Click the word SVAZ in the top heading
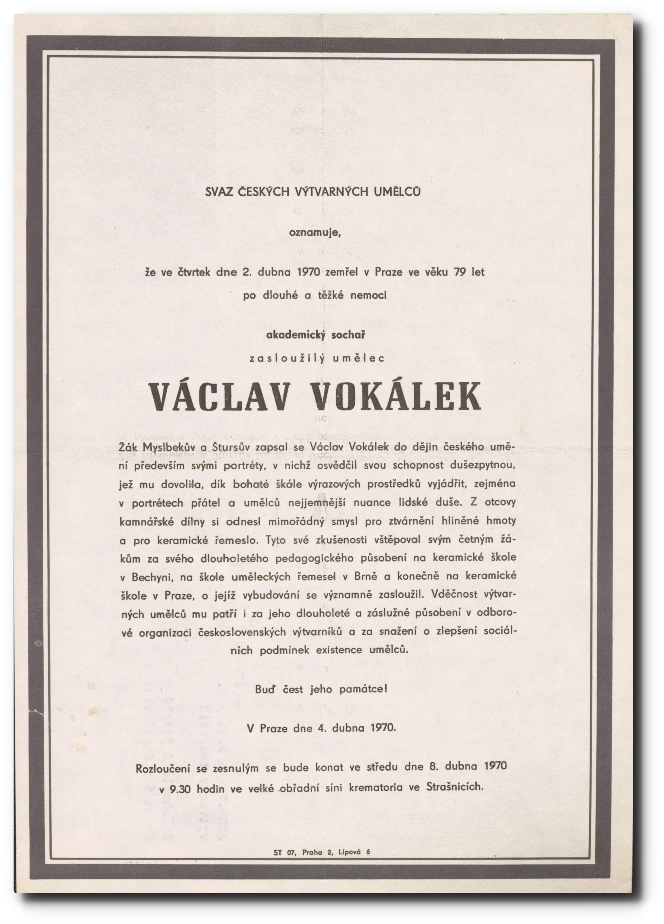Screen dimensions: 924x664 [x=219, y=192]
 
